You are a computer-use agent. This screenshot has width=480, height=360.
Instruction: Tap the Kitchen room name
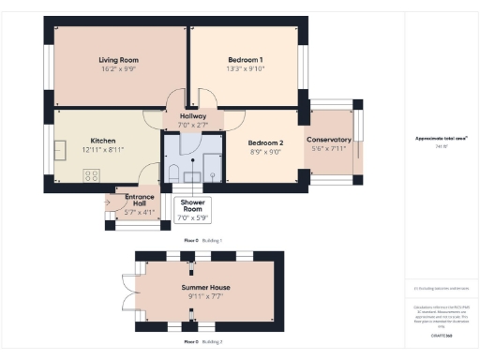click(x=102, y=141)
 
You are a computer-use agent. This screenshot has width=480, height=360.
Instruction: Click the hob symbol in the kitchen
click(x=93, y=174)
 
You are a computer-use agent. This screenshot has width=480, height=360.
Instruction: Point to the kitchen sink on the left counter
click(x=61, y=149)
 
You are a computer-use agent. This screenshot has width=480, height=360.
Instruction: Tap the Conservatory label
click(x=328, y=141)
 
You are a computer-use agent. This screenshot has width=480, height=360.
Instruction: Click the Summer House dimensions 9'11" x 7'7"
click(x=205, y=296)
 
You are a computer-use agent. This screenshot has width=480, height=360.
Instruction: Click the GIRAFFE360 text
click(x=441, y=334)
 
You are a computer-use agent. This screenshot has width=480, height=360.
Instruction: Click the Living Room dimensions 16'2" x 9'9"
click(x=119, y=68)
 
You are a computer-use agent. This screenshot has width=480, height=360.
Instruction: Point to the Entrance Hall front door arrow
click(x=107, y=199)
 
